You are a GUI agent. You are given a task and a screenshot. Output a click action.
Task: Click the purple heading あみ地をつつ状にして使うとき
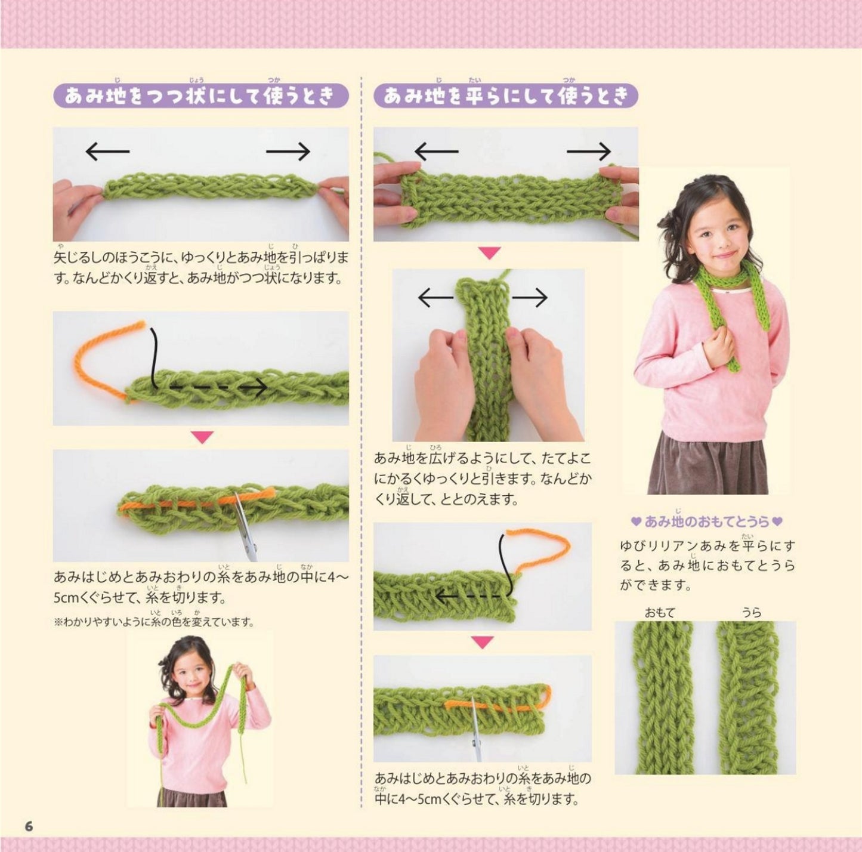(201, 96)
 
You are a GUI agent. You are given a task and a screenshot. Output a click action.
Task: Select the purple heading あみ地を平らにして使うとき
(505, 96)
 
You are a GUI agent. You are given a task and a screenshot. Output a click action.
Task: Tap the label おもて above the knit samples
(660, 613)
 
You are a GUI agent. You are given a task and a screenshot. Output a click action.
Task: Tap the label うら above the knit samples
(752, 613)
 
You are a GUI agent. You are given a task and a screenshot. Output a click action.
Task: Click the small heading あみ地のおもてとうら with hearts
(706, 521)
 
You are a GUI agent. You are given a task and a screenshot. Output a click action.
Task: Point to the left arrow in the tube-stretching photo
(107, 152)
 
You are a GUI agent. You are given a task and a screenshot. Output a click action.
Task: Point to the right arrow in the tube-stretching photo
(288, 152)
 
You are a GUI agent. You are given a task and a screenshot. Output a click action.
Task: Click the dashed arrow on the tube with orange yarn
(210, 388)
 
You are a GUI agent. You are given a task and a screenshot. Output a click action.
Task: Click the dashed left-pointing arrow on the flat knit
(469, 596)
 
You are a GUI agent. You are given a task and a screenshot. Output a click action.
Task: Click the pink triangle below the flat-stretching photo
(490, 254)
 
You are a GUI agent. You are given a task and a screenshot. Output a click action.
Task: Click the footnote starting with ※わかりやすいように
(154, 622)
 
